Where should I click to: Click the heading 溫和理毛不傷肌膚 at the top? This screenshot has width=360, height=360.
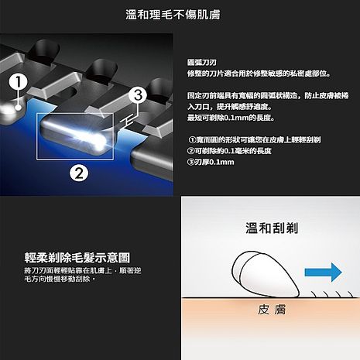pyautogui.click(x=180, y=14)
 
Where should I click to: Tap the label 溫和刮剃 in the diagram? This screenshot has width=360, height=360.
pyautogui.click(x=272, y=229)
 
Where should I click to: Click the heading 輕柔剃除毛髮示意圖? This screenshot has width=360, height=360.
pyautogui.click(x=77, y=256)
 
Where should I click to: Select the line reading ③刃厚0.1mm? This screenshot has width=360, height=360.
pyautogui.click(x=211, y=162)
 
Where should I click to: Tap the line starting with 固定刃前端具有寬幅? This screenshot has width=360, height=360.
pyautogui.click(x=259, y=94)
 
